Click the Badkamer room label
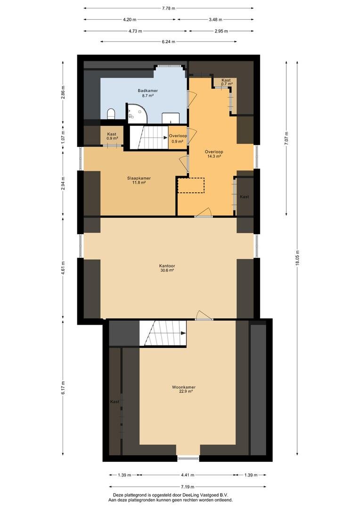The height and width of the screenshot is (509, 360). (x=147, y=93)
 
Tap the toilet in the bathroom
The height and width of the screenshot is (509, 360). (x=111, y=114)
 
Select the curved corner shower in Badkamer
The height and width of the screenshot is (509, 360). (x=137, y=113)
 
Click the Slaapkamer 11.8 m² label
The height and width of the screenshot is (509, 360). (x=139, y=180)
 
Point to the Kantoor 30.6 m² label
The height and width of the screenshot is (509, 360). (x=167, y=268)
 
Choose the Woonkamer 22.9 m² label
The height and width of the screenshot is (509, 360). (x=183, y=389)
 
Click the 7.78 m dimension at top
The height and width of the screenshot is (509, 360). (x=169, y=8)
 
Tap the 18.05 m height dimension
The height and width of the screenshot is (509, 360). (x=297, y=258)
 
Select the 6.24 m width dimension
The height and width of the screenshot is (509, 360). (x=169, y=41)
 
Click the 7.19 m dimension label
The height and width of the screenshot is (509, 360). (x=188, y=486)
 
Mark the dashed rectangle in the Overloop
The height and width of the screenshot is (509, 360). (x=191, y=185)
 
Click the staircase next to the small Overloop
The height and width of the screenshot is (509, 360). (x=149, y=138)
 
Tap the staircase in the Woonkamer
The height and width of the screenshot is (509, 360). (x=163, y=333)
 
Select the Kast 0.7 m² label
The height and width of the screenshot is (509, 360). (x=226, y=82)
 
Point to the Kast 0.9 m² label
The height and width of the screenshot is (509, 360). (x=112, y=136)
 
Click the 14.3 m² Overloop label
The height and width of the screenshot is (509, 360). (x=214, y=154)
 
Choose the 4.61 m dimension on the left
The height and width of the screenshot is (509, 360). (x=63, y=268)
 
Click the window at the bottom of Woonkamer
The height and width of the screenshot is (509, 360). (x=188, y=458)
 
